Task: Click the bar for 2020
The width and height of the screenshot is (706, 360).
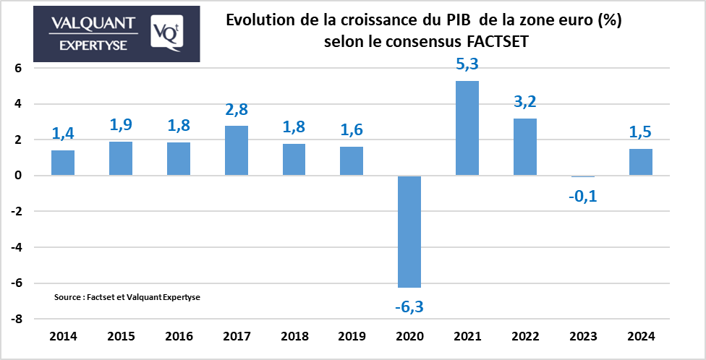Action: [x=410, y=231]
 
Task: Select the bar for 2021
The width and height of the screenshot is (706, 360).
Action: [x=468, y=128]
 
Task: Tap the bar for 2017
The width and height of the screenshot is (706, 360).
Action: [x=237, y=150]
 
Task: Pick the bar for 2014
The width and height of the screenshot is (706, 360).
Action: [x=63, y=163]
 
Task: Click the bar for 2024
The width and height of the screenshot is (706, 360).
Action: [x=641, y=162]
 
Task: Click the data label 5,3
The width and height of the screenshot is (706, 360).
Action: [x=467, y=65]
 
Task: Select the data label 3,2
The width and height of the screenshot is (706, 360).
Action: [x=525, y=102]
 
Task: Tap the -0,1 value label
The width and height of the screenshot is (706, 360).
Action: [x=582, y=195]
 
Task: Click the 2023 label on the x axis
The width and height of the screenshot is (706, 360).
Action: [x=583, y=337]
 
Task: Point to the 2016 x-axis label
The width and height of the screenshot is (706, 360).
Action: [x=179, y=337]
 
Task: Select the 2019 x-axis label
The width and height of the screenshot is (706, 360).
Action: [x=352, y=337]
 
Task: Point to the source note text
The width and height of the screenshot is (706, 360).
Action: [x=127, y=297]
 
